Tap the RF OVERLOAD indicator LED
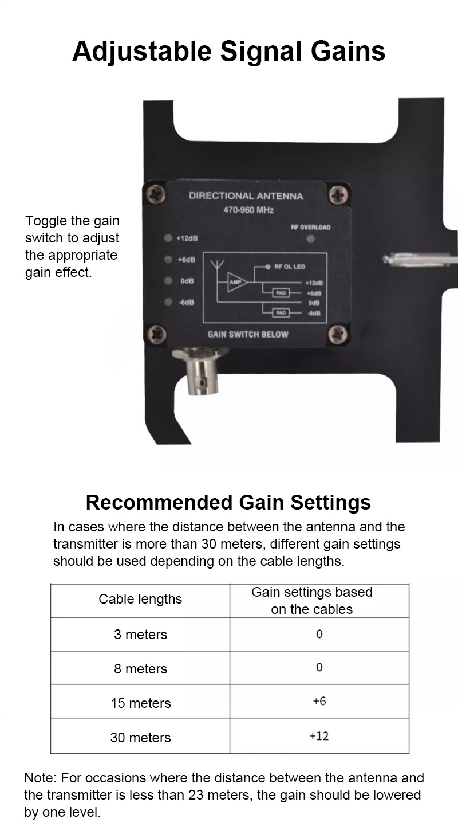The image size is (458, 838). pyautogui.click(x=310, y=238)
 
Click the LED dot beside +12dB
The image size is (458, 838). pyautogui.click(x=168, y=238)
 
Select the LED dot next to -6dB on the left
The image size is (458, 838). pyautogui.click(x=168, y=302)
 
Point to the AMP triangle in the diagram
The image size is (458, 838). pyautogui.click(x=237, y=282)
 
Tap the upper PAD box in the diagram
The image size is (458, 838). pyautogui.click(x=281, y=293)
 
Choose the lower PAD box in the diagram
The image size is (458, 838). pyautogui.click(x=281, y=312)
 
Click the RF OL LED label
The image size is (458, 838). pyautogui.click(x=290, y=267)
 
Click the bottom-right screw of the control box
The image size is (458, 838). pyautogui.click(x=338, y=334)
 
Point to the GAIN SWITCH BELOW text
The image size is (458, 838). pyautogui.click(x=248, y=334)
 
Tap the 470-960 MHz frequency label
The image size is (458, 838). pyautogui.click(x=248, y=210)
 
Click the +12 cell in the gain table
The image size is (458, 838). pyautogui.click(x=319, y=736)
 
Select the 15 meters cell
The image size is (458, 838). pyautogui.click(x=140, y=703)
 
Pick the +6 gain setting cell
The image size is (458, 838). pyautogui.click(x=319, y=700)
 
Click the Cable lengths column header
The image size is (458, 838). pyautogui.click(x=140, y=599)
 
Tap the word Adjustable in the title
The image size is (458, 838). pyautogui.click(x=142, y=52)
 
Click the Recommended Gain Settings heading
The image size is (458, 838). pyautogui.click(x=228, y=503)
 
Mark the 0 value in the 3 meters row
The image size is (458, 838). pyautogui.click(x=319, y=634)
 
